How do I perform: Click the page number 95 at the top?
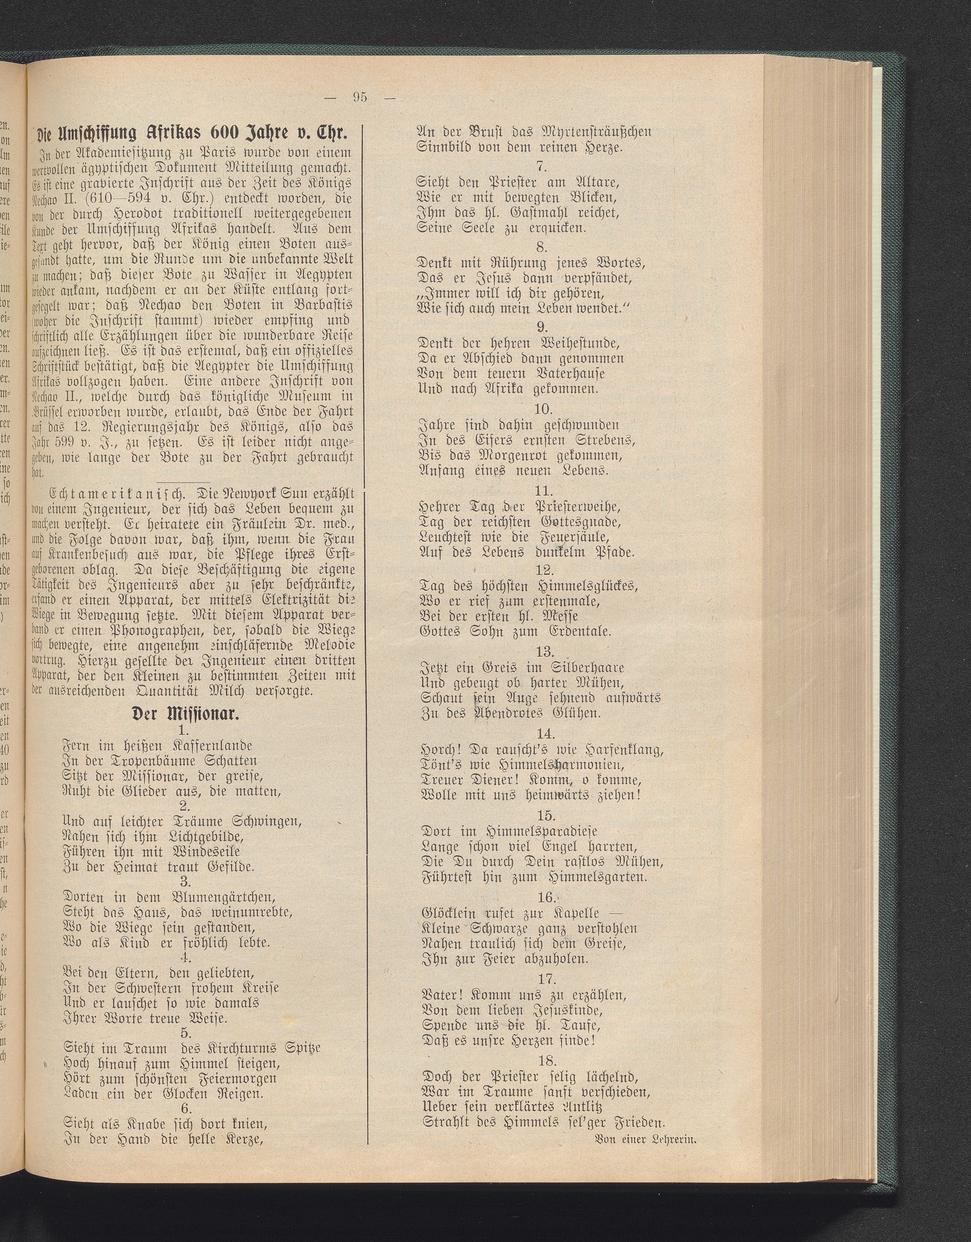click(359, 97)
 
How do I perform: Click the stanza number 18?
click(545, 1061)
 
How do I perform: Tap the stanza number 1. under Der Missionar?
click(183, 730)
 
